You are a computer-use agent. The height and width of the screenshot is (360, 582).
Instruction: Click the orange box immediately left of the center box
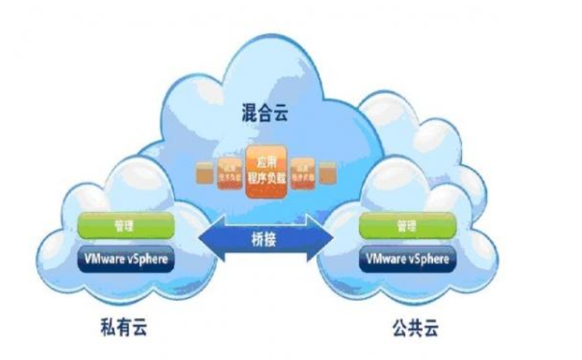(228, 172)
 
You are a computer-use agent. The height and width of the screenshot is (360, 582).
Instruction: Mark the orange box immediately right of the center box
(302, 172)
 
